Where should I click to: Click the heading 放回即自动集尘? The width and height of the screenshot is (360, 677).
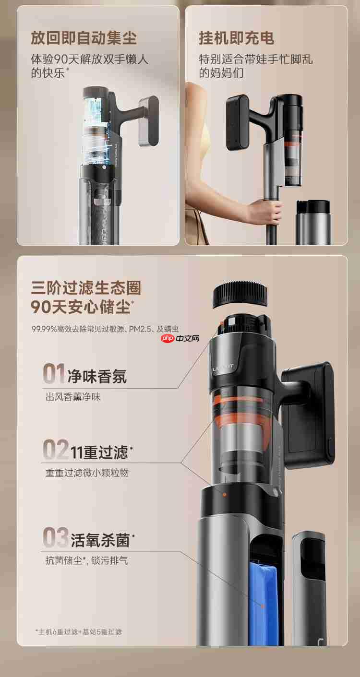point(84,37)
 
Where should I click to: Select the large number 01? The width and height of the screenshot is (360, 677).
point(54,374)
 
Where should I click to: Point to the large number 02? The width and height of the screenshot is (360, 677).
point(56,450)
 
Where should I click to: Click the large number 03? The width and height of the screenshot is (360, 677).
point(56,537)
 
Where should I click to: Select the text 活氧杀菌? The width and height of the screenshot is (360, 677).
point(100,540)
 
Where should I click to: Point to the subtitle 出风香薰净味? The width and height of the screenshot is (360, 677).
point(73,397)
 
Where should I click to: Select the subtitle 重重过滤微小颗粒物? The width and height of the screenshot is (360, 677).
point(87,473)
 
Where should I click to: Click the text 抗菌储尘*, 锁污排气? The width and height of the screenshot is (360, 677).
point(87,560)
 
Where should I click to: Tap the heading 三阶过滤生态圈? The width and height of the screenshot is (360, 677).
point(86,288)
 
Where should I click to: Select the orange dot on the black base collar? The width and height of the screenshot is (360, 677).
point(224,494)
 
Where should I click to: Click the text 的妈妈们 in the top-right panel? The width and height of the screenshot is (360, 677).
point(221,73)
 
